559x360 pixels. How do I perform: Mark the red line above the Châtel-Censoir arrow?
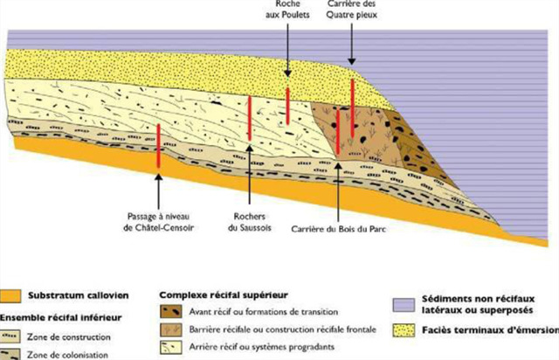158,146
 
